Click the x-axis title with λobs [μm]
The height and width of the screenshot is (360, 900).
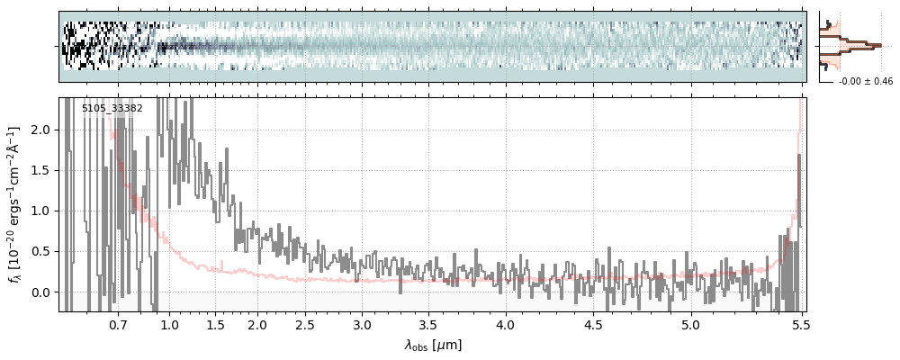point(433,344)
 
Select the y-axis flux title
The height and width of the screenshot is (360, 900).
point(15,204)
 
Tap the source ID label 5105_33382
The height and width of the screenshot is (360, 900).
point(112,109)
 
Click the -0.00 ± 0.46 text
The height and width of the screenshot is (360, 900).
point(865,82)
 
